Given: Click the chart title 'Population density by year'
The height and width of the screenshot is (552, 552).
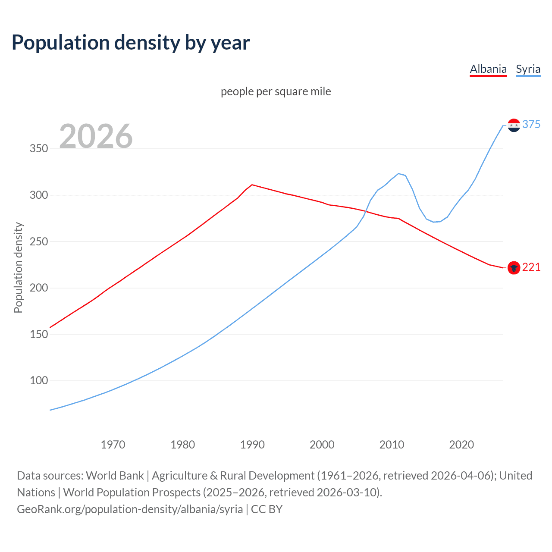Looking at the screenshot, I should click(131, 43).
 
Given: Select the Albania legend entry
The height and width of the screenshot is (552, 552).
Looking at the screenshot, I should click(488, 69).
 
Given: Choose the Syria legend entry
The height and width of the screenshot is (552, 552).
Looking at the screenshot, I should click(528, 69).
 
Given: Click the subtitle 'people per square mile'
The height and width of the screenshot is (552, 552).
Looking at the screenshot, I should click(276, 91).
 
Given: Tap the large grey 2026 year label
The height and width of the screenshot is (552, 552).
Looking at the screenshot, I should click(96, 136).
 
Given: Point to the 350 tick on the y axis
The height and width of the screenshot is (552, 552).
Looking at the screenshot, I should click(38, 149).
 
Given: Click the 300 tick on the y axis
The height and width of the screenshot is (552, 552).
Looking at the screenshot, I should click(38, 195).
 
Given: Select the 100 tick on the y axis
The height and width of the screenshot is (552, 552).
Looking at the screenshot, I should click(38, 380).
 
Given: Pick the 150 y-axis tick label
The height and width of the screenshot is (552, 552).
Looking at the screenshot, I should click(38, 334).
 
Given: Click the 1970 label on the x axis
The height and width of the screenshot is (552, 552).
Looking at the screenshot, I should click(113, 445).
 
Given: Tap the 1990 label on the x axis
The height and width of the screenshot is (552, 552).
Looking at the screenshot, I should click(252, 445).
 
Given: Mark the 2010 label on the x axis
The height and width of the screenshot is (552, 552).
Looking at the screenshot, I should click(392, 445).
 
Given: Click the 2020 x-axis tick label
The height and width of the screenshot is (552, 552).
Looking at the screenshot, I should click(461, 445).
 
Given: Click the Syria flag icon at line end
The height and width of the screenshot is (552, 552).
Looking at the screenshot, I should click(514, 125).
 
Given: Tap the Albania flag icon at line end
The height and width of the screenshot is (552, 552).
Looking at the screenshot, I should click(514, 268).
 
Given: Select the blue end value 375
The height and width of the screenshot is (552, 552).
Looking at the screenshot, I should click(531, 124).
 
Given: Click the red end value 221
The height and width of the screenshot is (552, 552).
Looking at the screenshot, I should click(531, 267).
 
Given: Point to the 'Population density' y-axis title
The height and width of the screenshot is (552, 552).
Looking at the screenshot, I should click(18, 267).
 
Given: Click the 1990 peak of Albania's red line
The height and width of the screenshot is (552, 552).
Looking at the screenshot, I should click(252, 185).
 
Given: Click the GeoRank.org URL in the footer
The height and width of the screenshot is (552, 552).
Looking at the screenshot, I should click(130, 509).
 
